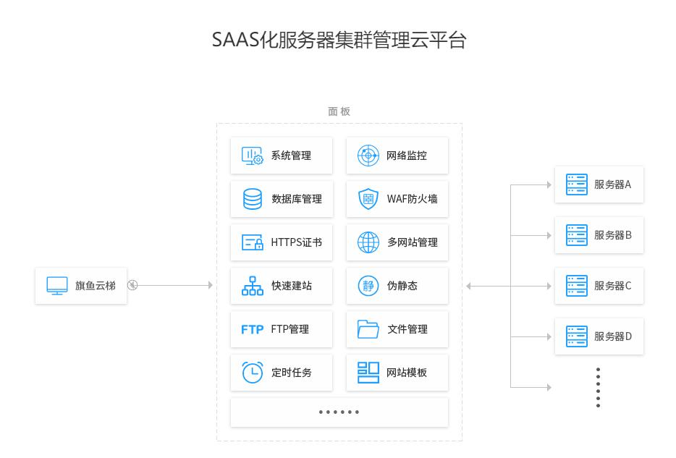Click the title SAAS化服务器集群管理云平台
pyautogui.click(x=338, y=41)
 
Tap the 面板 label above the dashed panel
pyautogui.click(x=339, y=111)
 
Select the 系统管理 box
pyautogui.click(x=282, y=156)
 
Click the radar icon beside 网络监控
pyautogui.click(x=368, y=156)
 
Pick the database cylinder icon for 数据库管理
pyautogui.click(x=253, y=199)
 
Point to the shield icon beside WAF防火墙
pyautogui.click(x=368, y=199)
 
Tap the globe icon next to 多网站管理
pyautogui.click(x=368, y=242)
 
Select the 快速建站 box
pyautogui.click(x=282, y=286)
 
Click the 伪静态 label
pyautogui.click(x=402, y=286)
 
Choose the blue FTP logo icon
pyautogui.click(x=253, y=329)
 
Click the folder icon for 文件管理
pyautogui.click(x=368, y=329)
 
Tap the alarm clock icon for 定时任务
pyautogui.click(x=253, y=372)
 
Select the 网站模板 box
pyautogui.click(x=397, y=373)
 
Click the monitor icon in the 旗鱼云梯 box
pyautogui.click(x=57, y=285)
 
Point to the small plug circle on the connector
pyautogui.click(x=132, y=285)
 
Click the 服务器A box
pyautogui.click(x=599, y=185)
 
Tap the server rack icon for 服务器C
pyautogui.click(x=577, y=285)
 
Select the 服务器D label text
pyautogui.click(x=613, y=336)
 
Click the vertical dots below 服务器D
pyautogui.click(x=599, y=387)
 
